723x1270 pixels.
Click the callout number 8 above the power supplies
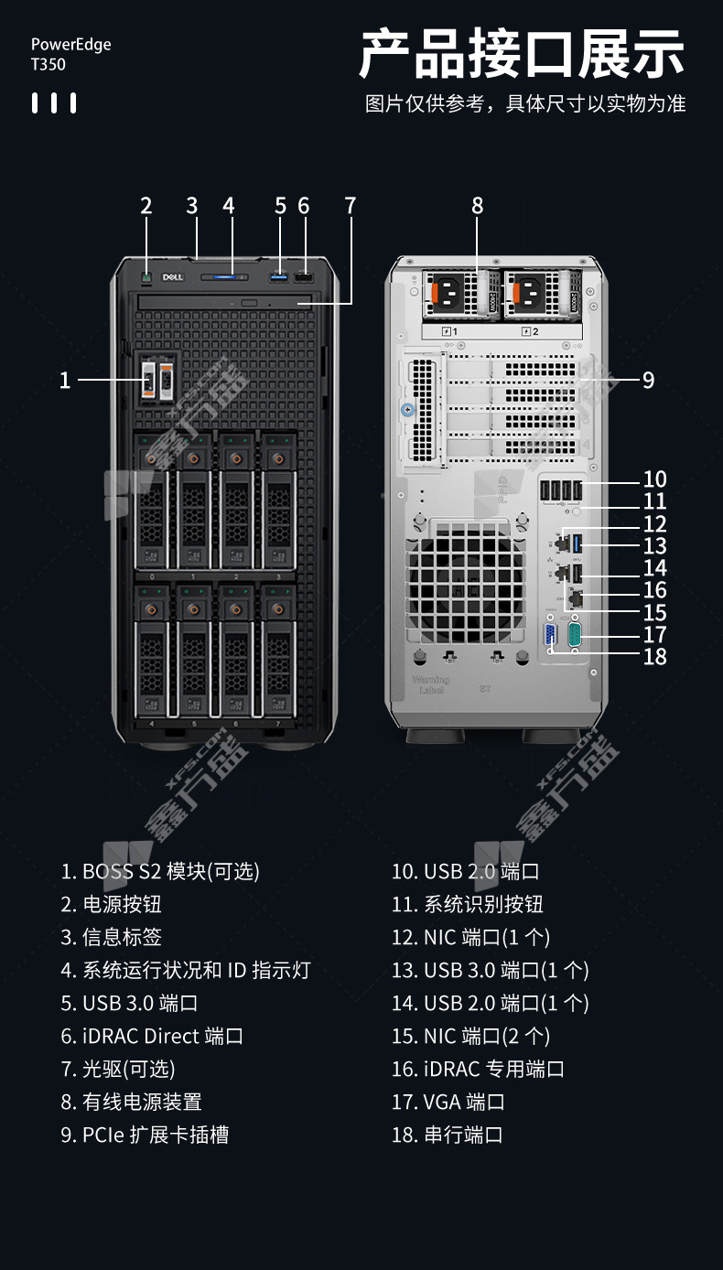click(478, 206)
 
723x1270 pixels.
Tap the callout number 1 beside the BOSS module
click(65, 380)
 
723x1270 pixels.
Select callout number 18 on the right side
click(654, 657)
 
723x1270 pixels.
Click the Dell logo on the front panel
click(173, 277)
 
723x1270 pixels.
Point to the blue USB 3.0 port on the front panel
click(278, 278)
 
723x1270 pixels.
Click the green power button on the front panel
click(146, 278)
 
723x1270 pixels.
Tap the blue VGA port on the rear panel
click(550, 634)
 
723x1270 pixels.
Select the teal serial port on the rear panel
click(575, 634)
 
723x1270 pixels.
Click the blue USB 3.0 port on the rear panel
click(577, 544)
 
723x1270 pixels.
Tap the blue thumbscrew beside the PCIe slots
click(407, 409)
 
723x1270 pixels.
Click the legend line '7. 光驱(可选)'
click(118, 1069)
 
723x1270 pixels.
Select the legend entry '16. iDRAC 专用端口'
click(478, 1069)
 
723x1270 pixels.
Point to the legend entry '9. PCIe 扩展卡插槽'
click(145, 1135)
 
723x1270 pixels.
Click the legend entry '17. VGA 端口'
click(448, 1102)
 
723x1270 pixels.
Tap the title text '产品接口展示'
click(522, 54)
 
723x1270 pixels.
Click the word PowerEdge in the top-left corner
click(70, 45)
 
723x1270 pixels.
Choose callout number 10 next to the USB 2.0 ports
click(654, 479)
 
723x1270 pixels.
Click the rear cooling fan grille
click(465, 584)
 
